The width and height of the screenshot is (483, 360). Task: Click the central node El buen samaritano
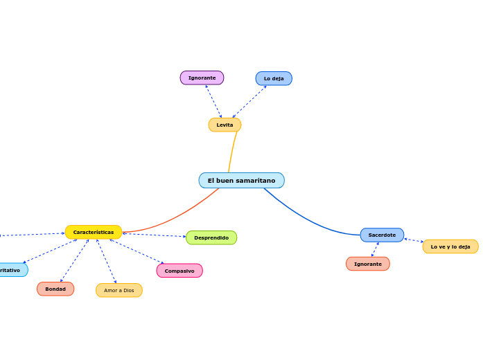point(241,181)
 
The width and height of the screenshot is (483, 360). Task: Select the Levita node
point(225,125)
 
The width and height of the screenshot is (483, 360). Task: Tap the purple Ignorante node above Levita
point(202,78)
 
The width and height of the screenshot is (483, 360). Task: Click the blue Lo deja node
point(274,78)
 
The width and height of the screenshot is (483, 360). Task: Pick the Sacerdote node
point(382,235)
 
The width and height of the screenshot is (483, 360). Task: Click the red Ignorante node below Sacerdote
point(367,264)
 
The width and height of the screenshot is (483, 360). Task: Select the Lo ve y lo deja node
point(450,246)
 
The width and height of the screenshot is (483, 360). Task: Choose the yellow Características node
point(94,232)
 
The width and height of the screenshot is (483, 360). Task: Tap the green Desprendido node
point(211,237)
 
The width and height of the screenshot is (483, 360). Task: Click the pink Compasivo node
point(179,271)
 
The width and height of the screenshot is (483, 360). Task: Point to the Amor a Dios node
point(119,290)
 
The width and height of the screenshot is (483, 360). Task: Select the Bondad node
point(55,289)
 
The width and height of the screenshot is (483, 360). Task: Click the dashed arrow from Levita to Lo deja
point(249,102)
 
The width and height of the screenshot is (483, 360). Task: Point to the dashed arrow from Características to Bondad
point(74,260)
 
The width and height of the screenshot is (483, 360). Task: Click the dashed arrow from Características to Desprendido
point(154,235)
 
